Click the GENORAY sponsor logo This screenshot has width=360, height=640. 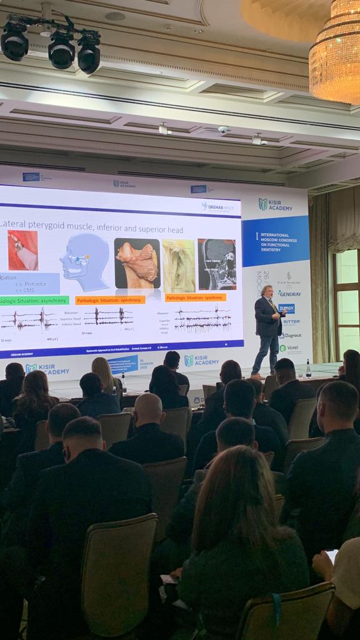pos(289,293)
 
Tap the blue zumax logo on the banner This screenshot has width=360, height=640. pos(286,308)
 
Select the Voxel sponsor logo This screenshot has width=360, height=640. pos(288,348)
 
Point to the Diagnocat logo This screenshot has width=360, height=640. pos(289,335)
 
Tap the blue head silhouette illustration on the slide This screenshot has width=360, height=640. pos(84,261)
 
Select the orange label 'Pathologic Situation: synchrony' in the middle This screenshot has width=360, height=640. pos(110,300)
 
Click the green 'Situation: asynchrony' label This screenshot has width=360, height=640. pos(34,301)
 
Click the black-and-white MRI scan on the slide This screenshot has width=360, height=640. pos(217,264)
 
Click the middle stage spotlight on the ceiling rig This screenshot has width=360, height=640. pos(61,51)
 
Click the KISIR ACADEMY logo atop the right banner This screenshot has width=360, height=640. pos(276,204)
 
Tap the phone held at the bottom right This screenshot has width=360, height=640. pos(332,556)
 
